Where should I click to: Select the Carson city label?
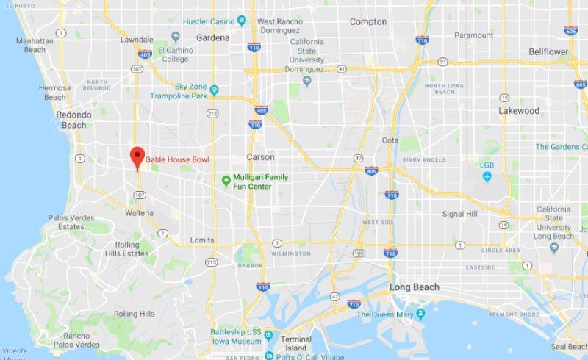260,157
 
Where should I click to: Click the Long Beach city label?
415,287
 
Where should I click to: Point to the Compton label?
367,22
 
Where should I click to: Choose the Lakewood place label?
519,112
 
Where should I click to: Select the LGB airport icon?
487,176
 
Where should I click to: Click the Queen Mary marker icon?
420,314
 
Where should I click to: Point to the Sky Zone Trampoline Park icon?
215,90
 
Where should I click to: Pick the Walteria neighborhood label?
139,213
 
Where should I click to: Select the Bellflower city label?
548,52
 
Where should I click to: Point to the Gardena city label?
213,37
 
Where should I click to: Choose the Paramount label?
473,35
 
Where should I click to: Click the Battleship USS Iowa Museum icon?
268,336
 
